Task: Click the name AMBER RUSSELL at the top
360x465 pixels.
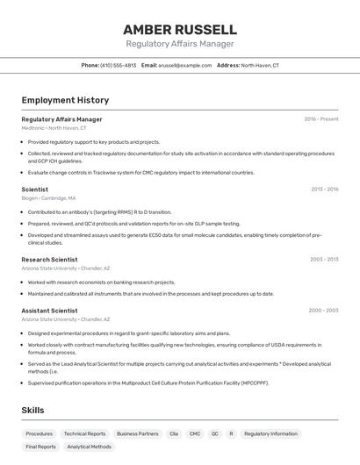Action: pyautogui.click(x=179, y=29)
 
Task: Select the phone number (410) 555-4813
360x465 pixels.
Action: pyautogui.click(x=119, y=65)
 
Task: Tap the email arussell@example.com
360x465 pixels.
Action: pyautogui.click(x=184, y=65)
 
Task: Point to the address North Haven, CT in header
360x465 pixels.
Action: pyautogui.click(x=260, y=65)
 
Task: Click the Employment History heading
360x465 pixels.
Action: pyautogui.click(x=65, y=101)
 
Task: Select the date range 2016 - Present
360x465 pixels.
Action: pyautogui.click(x=321, y=119)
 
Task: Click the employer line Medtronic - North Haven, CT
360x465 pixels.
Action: pyautogui.click(x=54, y=128)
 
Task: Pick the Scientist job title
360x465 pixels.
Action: pyautogui.click(x=35, y=190)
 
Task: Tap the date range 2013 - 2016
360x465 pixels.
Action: pyautogui.click(x=324, y=190)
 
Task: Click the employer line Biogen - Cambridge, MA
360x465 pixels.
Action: pyautogui.click(x=48, y=198)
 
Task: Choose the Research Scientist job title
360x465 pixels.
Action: pyautogui.click(x=49, y=260)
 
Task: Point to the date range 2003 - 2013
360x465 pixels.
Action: pyautogui.click(x=324, y=260)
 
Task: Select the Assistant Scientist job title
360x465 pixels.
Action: pyautogui.click(x=49, y=311)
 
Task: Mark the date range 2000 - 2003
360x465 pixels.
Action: pyautogui.click(x=323, y=311)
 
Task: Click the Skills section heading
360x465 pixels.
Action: pyautogui.click(x=33, y=411)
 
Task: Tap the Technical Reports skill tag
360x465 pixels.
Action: pyautogui.click(x=84, y=433)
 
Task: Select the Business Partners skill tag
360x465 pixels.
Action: pyautogui.click(x=138, y=433)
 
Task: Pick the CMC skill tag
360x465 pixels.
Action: pyautogui.click(x=195, y=433)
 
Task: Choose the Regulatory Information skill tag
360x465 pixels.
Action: pyautogui.click(x=270, y=433)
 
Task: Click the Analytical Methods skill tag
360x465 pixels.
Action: pyautogui.click(x=89, y=447)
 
